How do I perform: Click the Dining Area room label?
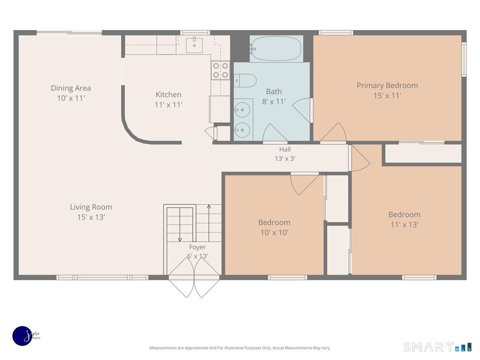(71, 88)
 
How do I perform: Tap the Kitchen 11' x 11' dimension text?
(169, 105)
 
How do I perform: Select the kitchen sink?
(194, 46)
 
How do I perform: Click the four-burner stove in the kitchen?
(220, 70)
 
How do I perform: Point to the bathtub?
(276, 48)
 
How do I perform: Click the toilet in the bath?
(245, 81)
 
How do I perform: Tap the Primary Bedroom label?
(387, 86)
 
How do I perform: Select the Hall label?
(285, 149)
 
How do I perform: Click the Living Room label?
(91, 207)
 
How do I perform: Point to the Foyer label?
(198, 247)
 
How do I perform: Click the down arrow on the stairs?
(180, 225)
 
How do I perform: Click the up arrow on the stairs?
(209, 223)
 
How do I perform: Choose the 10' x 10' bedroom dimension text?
(274, 232)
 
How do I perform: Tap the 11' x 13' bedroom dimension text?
(404, 225)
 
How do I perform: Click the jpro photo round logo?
(22, 336)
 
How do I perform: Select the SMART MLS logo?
(437, 347)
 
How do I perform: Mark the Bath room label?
(274, 92)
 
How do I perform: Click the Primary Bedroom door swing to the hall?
(334, 132)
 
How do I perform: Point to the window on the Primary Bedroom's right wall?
(464, 59)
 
